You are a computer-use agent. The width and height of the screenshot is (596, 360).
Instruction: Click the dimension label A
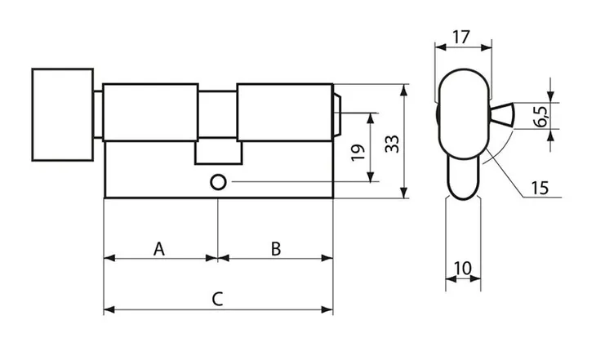(x=159, y=249)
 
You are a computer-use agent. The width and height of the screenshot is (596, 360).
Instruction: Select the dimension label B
(x=276, y=249)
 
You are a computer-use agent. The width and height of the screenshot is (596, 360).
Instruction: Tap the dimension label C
(x=217, y=299)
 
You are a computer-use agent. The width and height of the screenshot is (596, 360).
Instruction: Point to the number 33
(x=392, y=144)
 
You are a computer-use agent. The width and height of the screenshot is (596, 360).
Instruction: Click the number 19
(x=358, y=152)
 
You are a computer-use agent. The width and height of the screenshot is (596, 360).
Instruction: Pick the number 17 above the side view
(x=461, y=38)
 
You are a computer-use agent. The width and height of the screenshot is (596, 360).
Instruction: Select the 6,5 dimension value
(x=540, y=116)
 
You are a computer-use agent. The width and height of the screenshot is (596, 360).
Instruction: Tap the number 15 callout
(x=540, y=188)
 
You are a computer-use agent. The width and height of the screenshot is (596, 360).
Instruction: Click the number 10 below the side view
(x=463, y=269)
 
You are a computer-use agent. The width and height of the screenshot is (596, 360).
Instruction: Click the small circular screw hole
(x=218, y=183)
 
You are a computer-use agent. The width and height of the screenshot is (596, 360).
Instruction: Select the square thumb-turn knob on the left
(x=63, y=114)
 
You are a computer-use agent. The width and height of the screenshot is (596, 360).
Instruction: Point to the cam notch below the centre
(x=219, y=153)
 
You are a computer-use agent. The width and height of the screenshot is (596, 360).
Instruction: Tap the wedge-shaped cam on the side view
(x=502, y=114)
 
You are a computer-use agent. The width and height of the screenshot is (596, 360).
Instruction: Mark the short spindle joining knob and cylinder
(x=98, y=114)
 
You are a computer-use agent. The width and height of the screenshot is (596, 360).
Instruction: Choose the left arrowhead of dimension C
(x=109, y=310)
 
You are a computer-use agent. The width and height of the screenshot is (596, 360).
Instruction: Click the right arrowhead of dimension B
(x=327, y=258)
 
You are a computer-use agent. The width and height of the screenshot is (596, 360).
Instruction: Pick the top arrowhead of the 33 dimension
(x=404, y=90)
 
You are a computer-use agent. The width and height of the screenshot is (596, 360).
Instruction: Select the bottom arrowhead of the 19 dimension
(x=371, y=176)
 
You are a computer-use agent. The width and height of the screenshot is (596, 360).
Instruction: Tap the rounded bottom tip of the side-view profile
(x=464, y=198)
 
